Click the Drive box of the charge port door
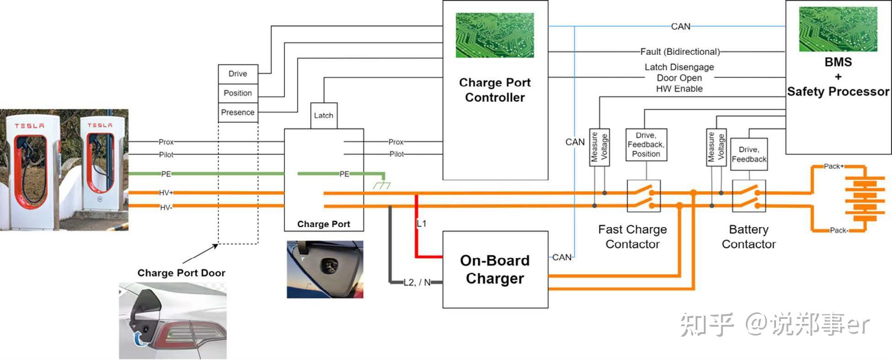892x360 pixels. coord(238,74)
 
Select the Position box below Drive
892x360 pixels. coord(238,93)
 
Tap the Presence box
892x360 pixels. coord(238,113)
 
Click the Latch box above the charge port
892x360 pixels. coord(324,116)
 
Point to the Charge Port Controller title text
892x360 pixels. coord(495,90)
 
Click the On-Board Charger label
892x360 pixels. coord(495,269)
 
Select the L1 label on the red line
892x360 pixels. coord(422,223)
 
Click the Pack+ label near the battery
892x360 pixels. coord(834,166)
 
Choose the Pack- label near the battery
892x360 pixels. coord(839,230)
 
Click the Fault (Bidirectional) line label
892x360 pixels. coord(680,52)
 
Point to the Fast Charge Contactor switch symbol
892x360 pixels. coord(644,196)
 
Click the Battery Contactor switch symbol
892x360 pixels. coord(749,196)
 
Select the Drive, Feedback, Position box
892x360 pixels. coord(646,145)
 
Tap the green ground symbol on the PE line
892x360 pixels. coord(382,185)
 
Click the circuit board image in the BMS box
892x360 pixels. coord(838,29)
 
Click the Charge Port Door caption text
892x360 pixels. coord(181,273)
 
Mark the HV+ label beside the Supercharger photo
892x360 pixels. coord(166,193)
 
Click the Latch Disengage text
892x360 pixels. coord(679,67)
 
